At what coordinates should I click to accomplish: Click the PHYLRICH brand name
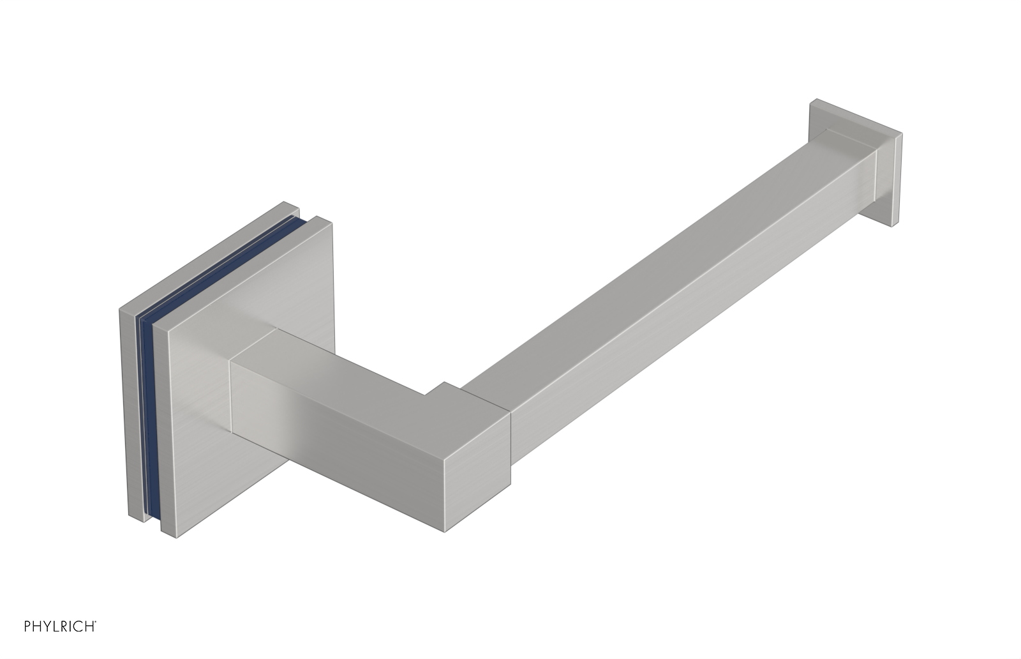tap(60, 644)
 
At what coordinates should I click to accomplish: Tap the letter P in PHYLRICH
tap(27, 644)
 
